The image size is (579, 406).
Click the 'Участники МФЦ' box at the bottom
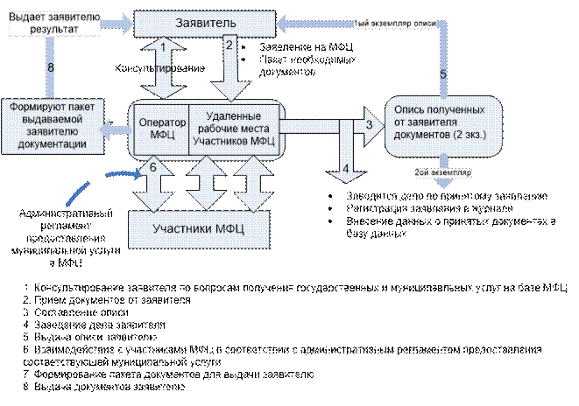[198, 229]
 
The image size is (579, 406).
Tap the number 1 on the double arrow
[164, 46]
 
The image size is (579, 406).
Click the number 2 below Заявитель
[229, 44]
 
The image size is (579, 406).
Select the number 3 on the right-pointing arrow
[369, 124]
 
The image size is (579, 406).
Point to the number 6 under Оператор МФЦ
[153, 165]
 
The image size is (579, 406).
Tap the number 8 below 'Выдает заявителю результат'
[51, 67]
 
